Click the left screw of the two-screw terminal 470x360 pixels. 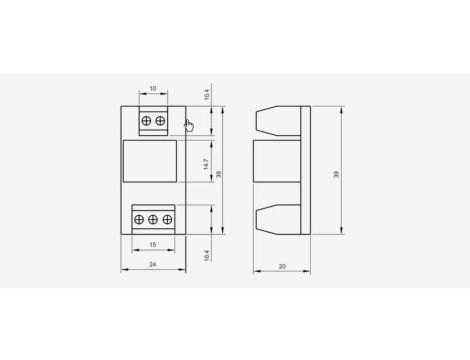click(x=146, y=121)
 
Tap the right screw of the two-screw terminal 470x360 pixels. click(x=160, y=121)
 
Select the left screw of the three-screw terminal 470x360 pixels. click(x=139, y=219)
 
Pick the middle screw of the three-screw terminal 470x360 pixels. click(x=153, y=219)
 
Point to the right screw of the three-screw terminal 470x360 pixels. click(x=167, y=219)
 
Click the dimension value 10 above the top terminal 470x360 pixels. click(x=153, y=88)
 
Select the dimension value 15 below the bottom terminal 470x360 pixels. click(x=153, y=245)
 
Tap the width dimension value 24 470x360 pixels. click(x=152, y=264)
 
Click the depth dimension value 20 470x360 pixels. click(x=282, y=266)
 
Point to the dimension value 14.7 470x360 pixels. click(x=206, y=164)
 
